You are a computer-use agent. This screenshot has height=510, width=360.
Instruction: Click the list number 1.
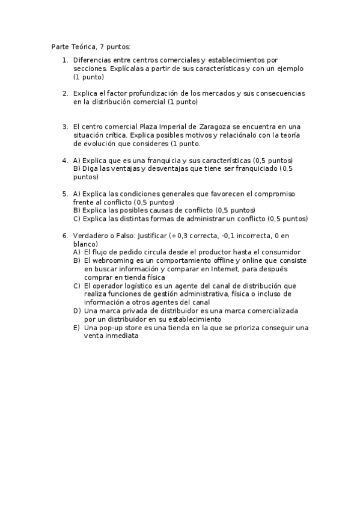pos(65,60)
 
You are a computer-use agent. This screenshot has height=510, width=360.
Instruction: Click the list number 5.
pos(65,194)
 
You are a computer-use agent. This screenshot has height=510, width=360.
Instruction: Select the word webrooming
pos(111,261)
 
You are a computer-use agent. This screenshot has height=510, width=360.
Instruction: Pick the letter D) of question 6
pos(77,311)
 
